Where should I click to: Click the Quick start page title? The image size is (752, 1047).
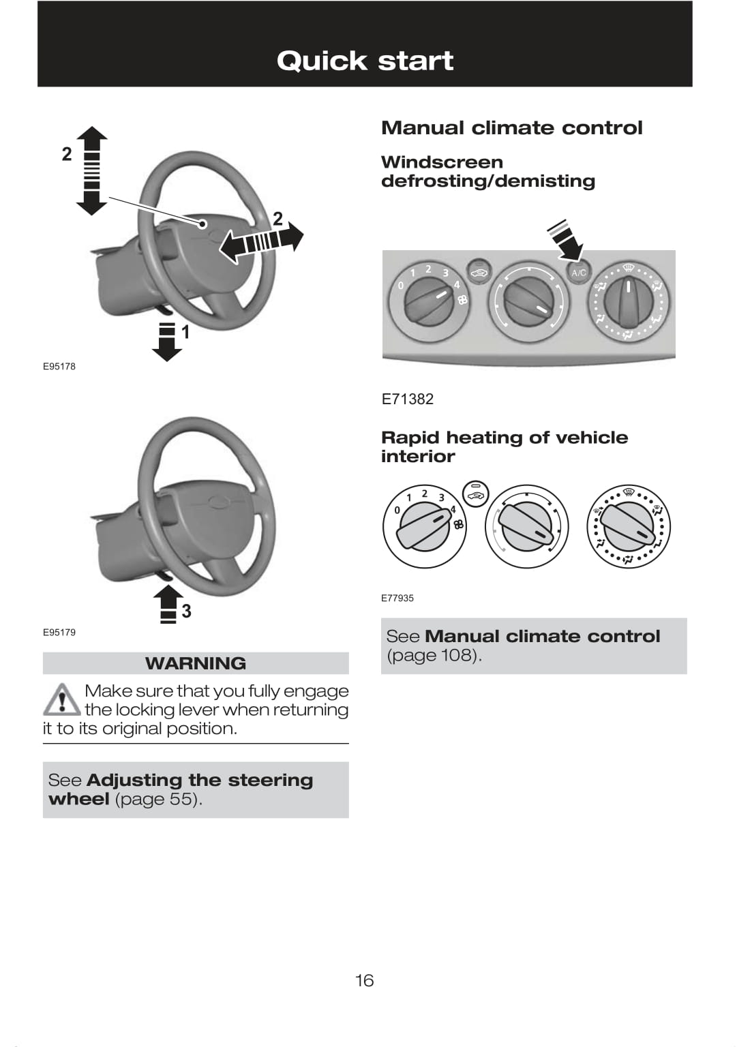(365, 61)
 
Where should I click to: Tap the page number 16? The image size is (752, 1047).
(364, 980)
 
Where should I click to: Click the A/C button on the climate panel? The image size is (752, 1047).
(578, 273)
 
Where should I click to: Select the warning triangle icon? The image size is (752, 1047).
(62, 699)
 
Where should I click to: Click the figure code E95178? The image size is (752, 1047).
(59, 366)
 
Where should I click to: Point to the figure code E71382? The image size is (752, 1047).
(407, 399)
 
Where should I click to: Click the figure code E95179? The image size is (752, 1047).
(59, 632)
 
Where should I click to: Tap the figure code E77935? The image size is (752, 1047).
(397, 598)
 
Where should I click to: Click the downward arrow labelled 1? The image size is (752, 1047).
(166, 340)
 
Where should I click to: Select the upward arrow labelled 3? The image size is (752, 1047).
(168, 603)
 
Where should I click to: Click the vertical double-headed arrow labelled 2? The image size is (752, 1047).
(91, 170)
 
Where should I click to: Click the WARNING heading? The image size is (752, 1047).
(196, 663)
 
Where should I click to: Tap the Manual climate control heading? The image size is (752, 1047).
(511, 127)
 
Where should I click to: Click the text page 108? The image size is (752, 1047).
(434, 655)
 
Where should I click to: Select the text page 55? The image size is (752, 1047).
(158, 799)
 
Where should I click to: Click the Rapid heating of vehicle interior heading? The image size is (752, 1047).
(504, 446)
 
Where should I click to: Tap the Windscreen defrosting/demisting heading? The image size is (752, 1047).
(487, 171)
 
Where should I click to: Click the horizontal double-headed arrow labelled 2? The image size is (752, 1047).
(261, 241)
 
